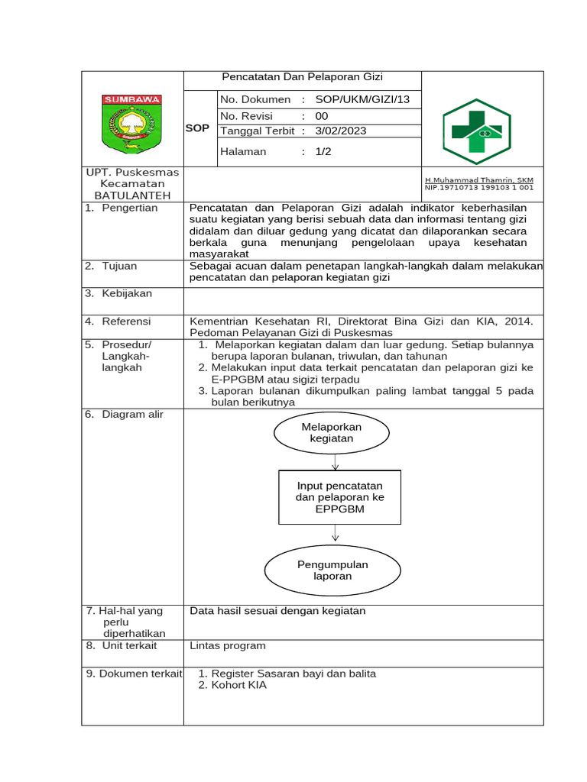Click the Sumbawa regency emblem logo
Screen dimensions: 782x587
pyautogui.click(x=132, y=122)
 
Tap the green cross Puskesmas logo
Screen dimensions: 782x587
pyautogui.click(x=477, y=131)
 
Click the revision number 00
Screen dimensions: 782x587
pyautogui.click(x=322, y=115)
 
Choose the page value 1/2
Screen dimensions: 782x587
pyautogui.click(x=323, y=151)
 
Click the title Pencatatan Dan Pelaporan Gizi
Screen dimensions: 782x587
pyautogui.click(x=302, y=77)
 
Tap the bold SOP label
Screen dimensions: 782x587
pyautogui.click(x=197, y=128)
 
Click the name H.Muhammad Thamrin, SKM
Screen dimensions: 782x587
pyautogui.click(x=479, y=179)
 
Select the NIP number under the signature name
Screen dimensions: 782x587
pyautogui.click(x=479, y=187)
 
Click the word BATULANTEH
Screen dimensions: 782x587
pyautogui.click(x=132, y=195)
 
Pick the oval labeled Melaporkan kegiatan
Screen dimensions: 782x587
pyautogui.click(x=332, y=432)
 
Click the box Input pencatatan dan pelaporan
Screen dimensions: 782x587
pyautogui.click(x=339, y=497)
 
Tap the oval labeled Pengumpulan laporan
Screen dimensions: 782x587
pyautogui.click(x=332, y=570)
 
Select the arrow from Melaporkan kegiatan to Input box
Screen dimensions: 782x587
pyautogui.click(x=335, y=461)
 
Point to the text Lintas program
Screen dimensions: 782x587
pyautogui.click(x=228, y=645)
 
